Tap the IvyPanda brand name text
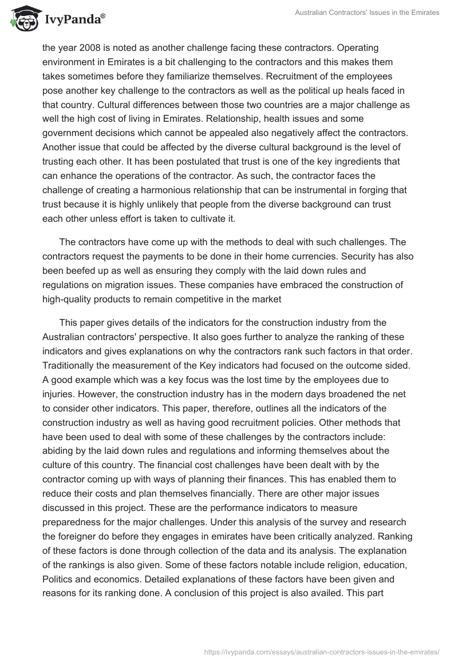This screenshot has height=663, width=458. (x=74, y=20)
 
